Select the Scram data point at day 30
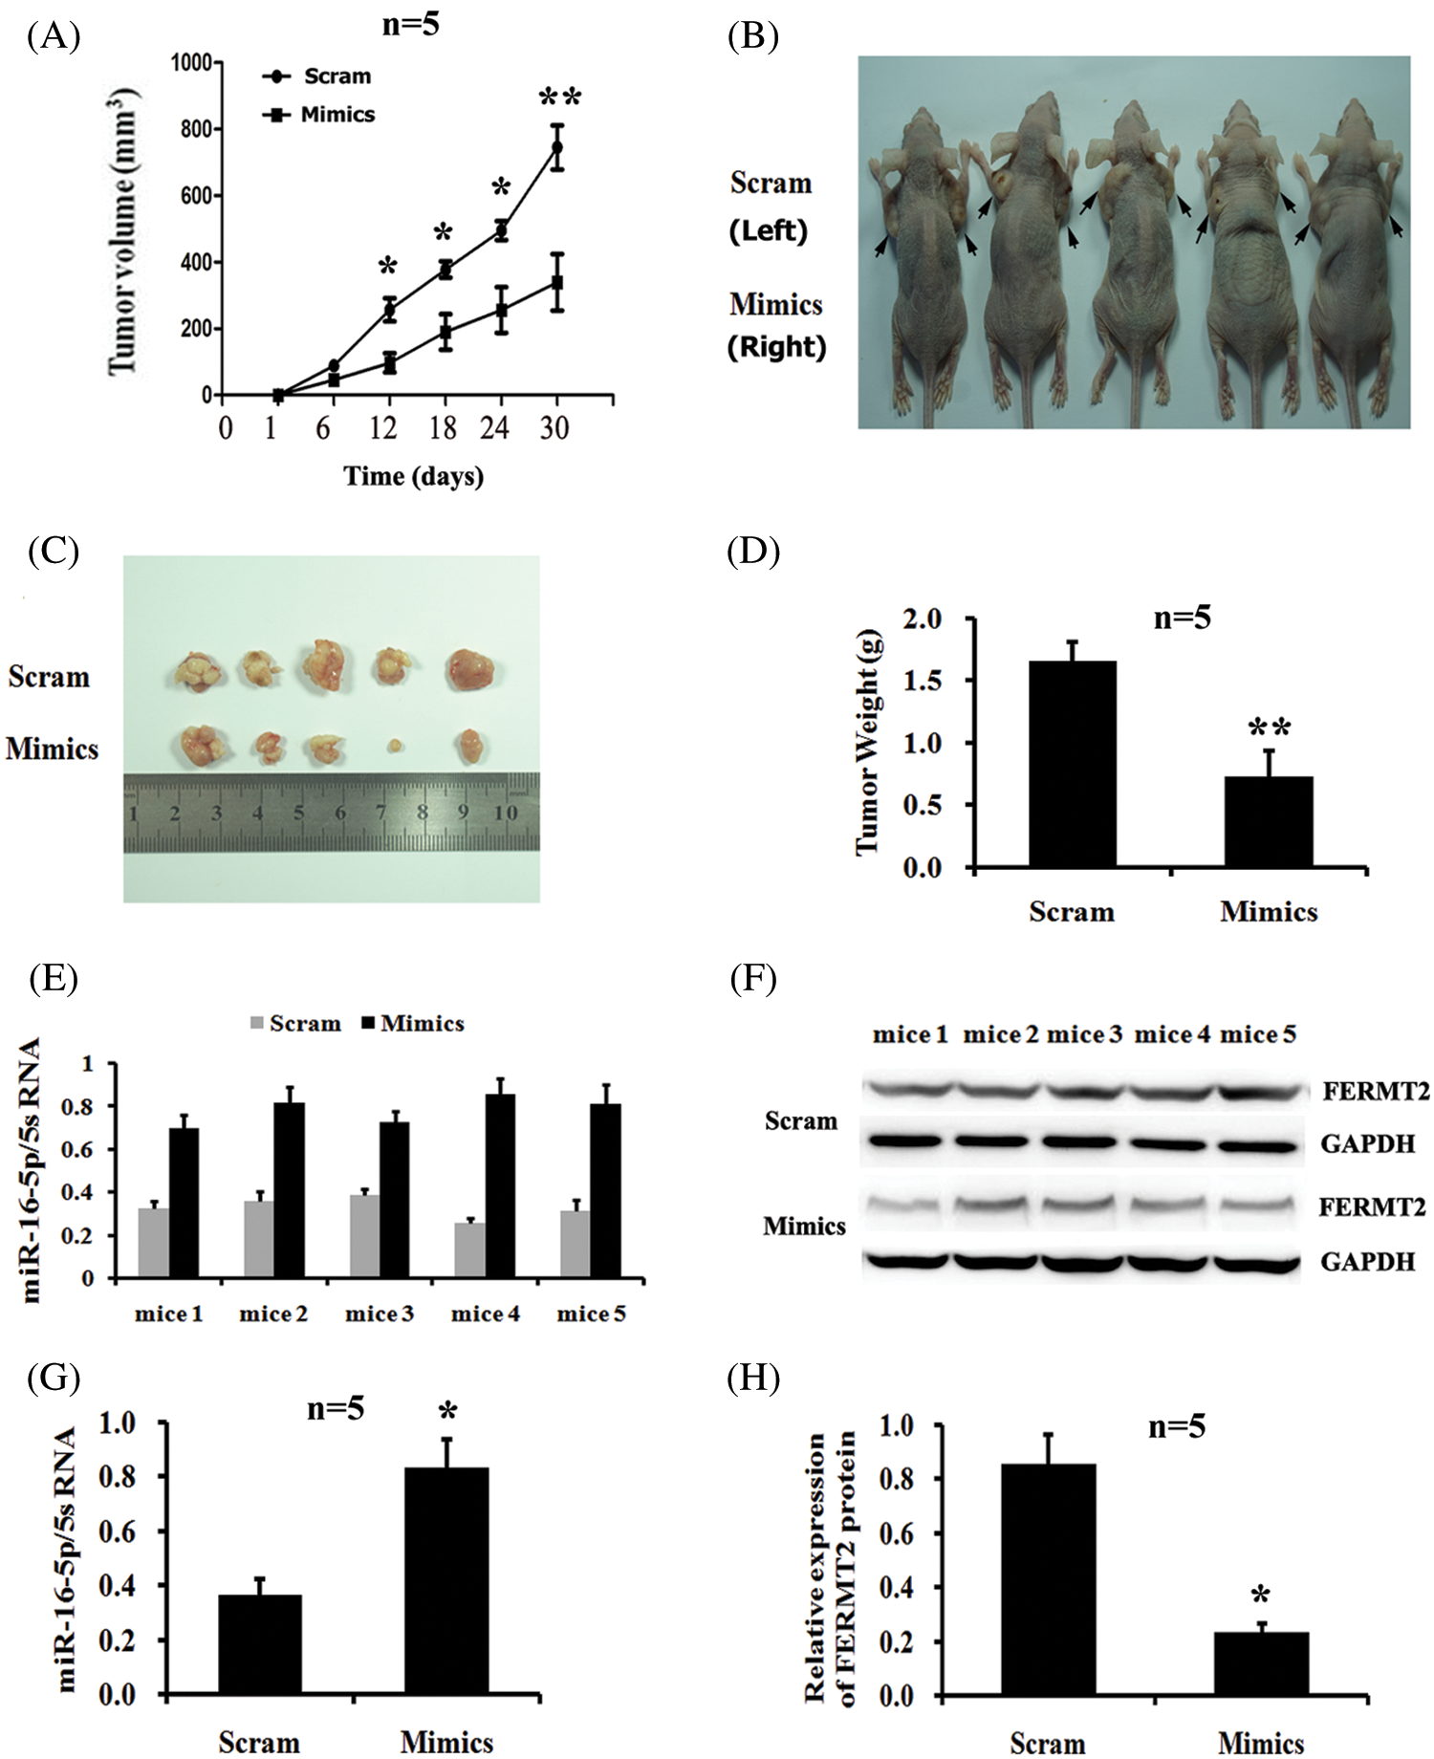coord(555,147)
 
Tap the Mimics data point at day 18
coord(445,333)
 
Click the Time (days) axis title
coord(413,476)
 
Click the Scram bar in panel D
coord(1072,764)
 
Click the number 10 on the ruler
coord(506,813)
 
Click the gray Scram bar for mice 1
coord(153,1243)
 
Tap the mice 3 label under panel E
coord(380,1314)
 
